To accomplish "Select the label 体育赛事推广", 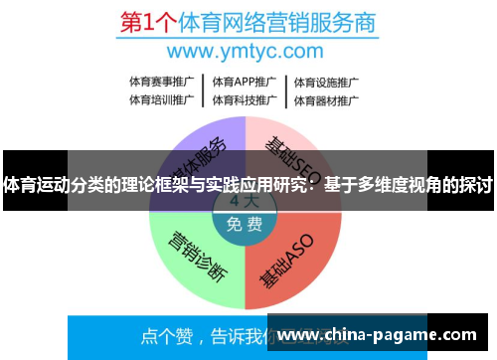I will click(x=161, y=82).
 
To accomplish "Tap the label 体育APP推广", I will click(x=244, y=82).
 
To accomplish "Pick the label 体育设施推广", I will click(x=325, y=82).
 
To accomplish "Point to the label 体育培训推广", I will click(x=161, y=99).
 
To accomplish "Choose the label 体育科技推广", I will click(x=244, y=99).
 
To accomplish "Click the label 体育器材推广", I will click(x=325, y=99).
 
